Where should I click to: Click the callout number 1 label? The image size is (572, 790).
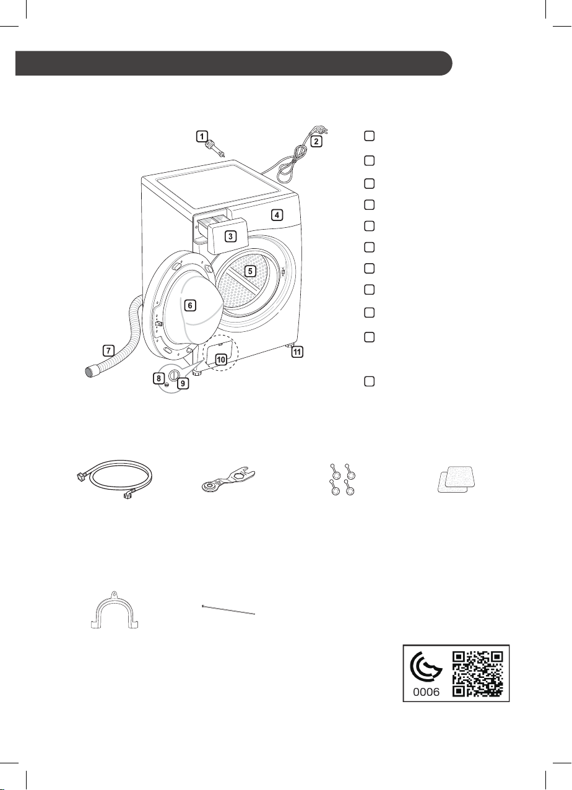tap(202, 136)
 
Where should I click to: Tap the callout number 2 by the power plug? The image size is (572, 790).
tap(316, 141)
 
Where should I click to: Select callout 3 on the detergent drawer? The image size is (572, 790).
tap(231, 236)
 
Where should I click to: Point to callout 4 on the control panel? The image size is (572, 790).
tap(277, 214)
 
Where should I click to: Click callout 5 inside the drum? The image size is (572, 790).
tap(250, 271)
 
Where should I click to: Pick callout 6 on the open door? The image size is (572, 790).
tap(190, 305)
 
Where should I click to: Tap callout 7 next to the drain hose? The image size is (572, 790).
tap(108, 350)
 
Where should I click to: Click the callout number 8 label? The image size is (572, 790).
tap(158, 378)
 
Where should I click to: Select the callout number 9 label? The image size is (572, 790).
tap(183, 383)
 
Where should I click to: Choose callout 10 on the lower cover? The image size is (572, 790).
tap(221, 359)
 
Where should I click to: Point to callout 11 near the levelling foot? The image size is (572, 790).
tap(297, 352)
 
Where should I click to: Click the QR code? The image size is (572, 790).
tap(477, 674)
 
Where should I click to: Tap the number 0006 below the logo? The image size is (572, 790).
tap(427, 692)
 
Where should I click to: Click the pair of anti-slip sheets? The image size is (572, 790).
tap(456, 479)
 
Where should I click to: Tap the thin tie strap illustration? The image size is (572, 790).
tap(228, 610)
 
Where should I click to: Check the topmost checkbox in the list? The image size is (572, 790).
tap(369, 136)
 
